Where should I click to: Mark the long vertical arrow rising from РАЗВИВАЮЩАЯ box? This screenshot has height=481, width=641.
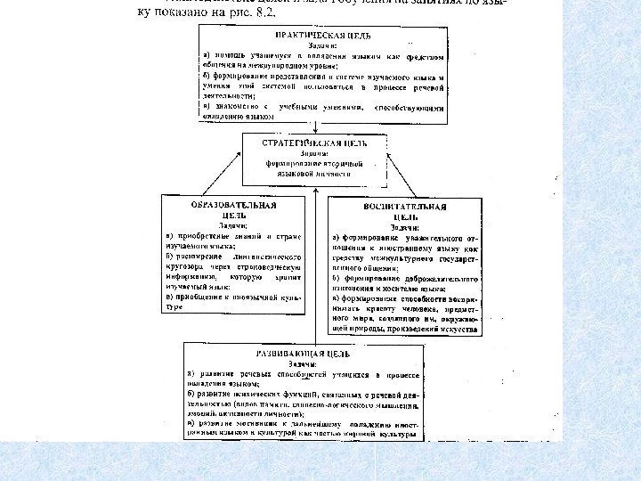coord(320,267)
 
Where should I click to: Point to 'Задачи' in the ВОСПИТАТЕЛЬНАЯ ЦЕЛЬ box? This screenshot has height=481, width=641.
coord(404,226)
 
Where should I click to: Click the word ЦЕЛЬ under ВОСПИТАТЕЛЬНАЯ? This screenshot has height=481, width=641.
coord(404,216)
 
